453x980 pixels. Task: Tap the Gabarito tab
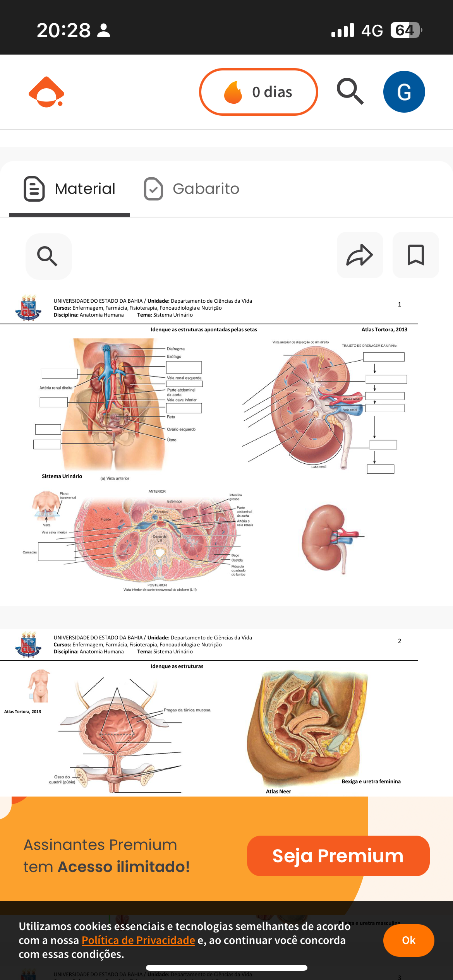click(x=192, y=189)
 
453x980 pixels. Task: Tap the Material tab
click(x=70, y=189)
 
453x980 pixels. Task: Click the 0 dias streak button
click(x=258, y=92)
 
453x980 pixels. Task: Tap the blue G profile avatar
click(x=404, y=92)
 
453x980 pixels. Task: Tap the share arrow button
click(x=360, y=255)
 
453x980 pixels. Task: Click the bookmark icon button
click(x=415, y=255)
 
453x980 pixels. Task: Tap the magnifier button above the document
click(x=48, y=256)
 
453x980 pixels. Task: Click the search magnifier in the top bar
click(x=350, y=91)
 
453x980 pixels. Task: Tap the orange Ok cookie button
click(x=408, y=940)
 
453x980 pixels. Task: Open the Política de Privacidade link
click(x=138, y=940)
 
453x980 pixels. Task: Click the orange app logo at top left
click(x=46, y=92)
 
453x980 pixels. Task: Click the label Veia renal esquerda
click(x=184, y=378)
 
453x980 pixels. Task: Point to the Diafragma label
click(x=175, y=349)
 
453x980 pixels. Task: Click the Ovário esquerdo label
click(x=181, y=429)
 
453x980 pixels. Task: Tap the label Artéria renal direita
click(x=56, y=387)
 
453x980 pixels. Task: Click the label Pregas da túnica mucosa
click(x=187, y=710)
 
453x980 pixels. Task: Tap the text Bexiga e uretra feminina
click(x=371, y=781)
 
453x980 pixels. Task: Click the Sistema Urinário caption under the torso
click(x=62, y=476)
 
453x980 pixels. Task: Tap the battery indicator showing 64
click(x=405, y=30)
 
